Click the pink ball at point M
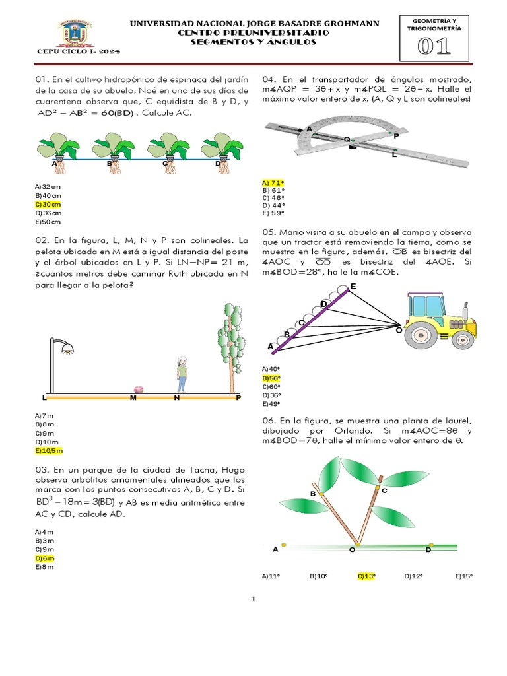(x=139, y=389)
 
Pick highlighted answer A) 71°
(x=273, y=182)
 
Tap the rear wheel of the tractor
(x=421, y=337)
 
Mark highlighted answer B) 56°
(x=271, y=378)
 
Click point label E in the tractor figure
(x=353, y=286)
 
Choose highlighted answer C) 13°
(x=366, y=576)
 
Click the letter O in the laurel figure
(x=352, y=549)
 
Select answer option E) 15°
(x=464, y=576)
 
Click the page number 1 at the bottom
(x=253, y=599)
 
